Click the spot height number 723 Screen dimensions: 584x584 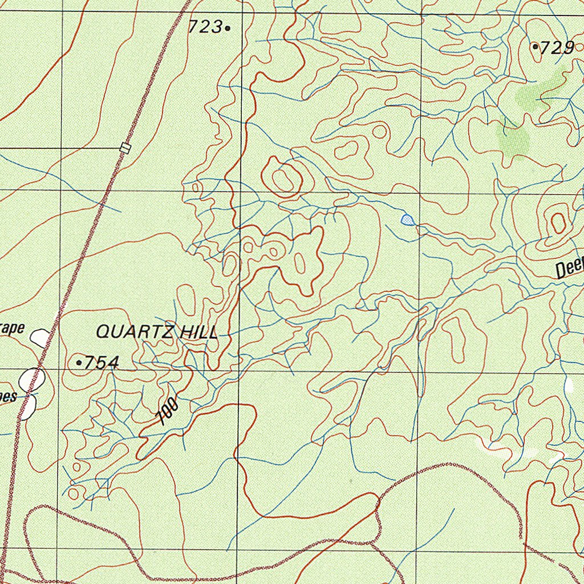[205, 26]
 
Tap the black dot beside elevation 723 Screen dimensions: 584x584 [228, 27]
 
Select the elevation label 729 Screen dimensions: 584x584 [557, 48]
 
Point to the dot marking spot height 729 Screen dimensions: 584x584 [535, 47]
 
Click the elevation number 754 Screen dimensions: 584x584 [102, 363]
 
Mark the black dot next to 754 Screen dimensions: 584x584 [79, 362]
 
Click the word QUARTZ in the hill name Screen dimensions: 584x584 [135, 331]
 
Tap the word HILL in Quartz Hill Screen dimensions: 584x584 [198, 332]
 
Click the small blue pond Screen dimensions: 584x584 [407, 220]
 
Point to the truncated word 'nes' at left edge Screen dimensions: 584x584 [8, 397]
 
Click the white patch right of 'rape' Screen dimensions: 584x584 [40, 337]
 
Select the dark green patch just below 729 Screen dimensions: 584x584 [542, 91]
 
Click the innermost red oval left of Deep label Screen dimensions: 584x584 [557, 222]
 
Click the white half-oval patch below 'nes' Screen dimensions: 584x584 [27, 407]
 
